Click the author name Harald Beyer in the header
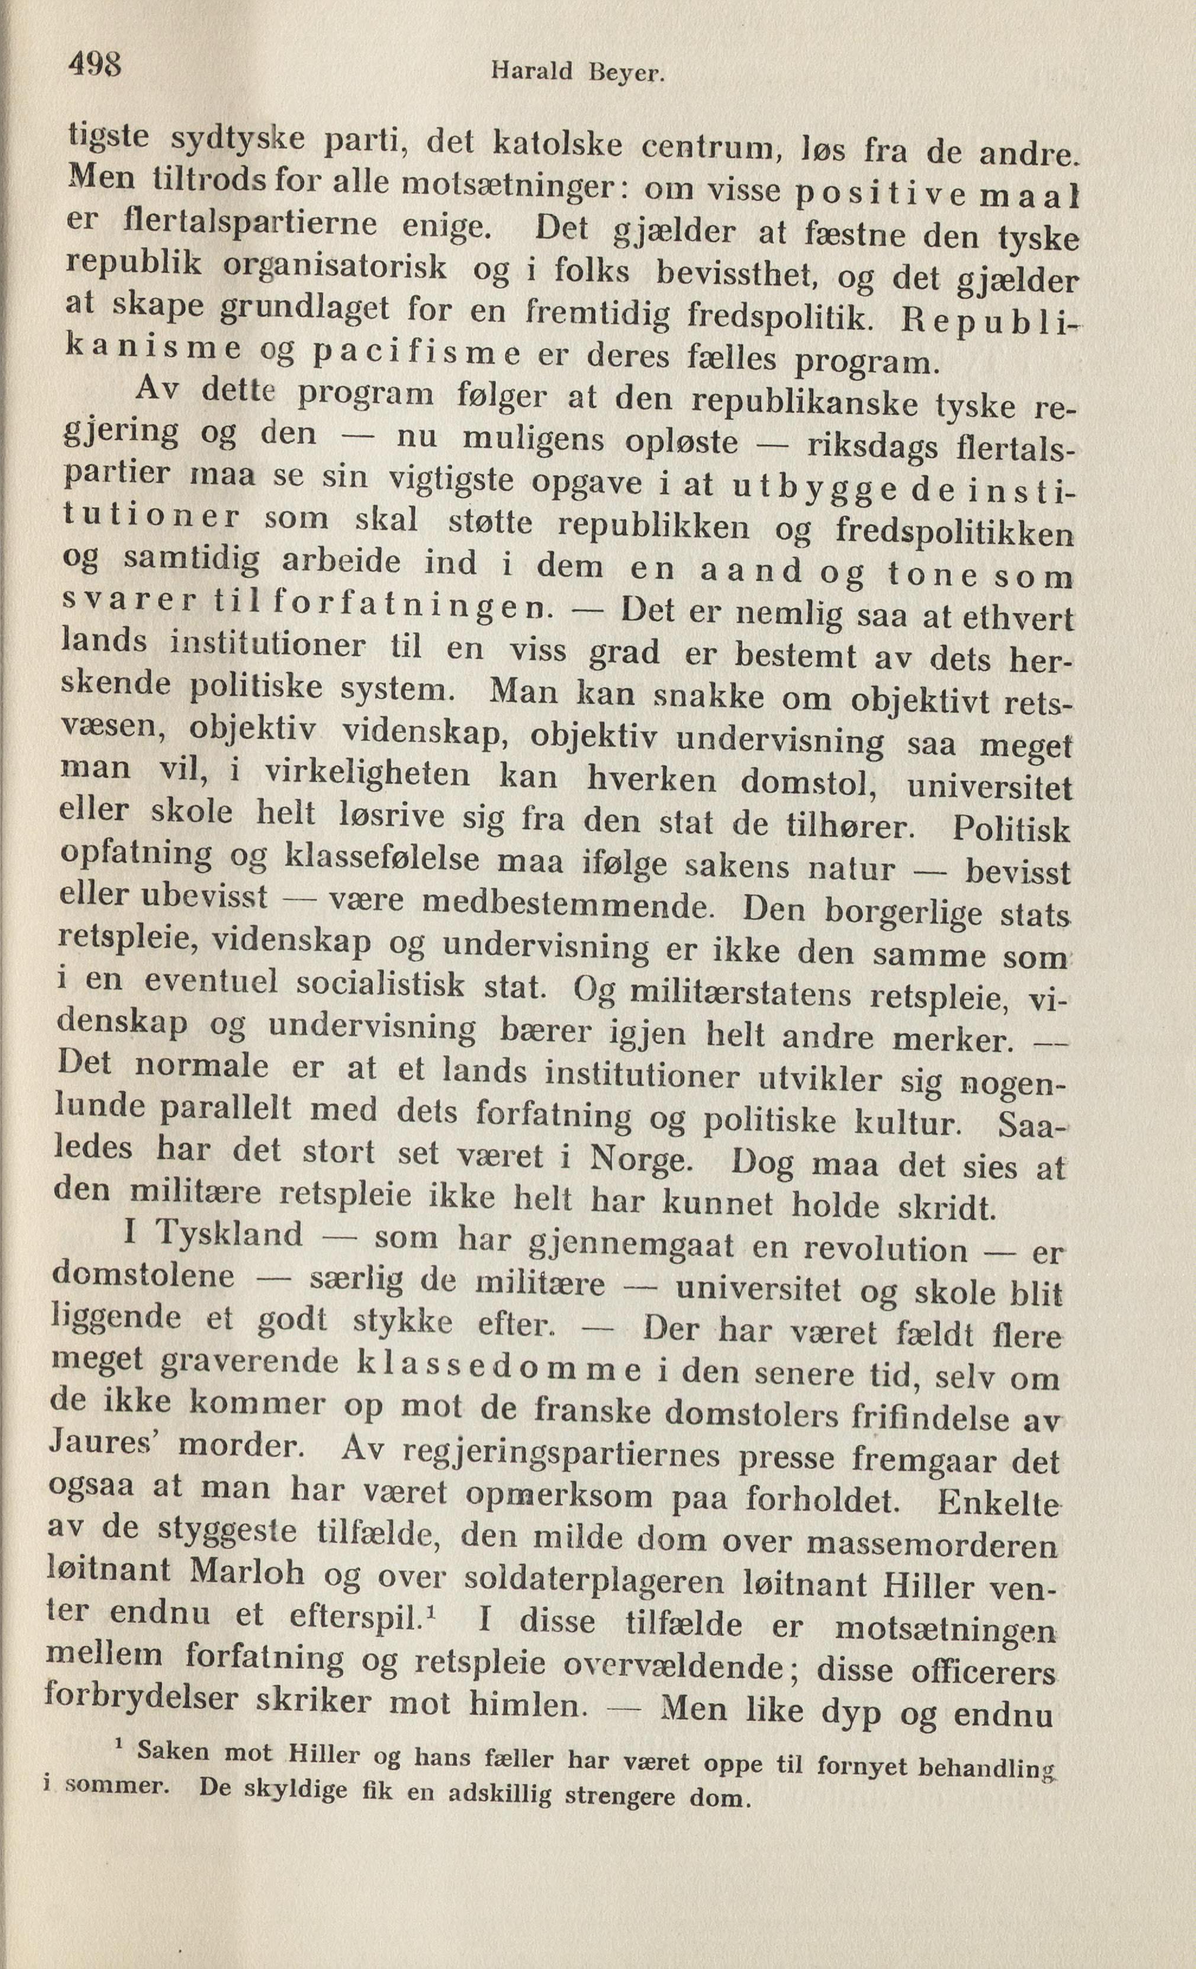pyautogui.click(x=578, y=73)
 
